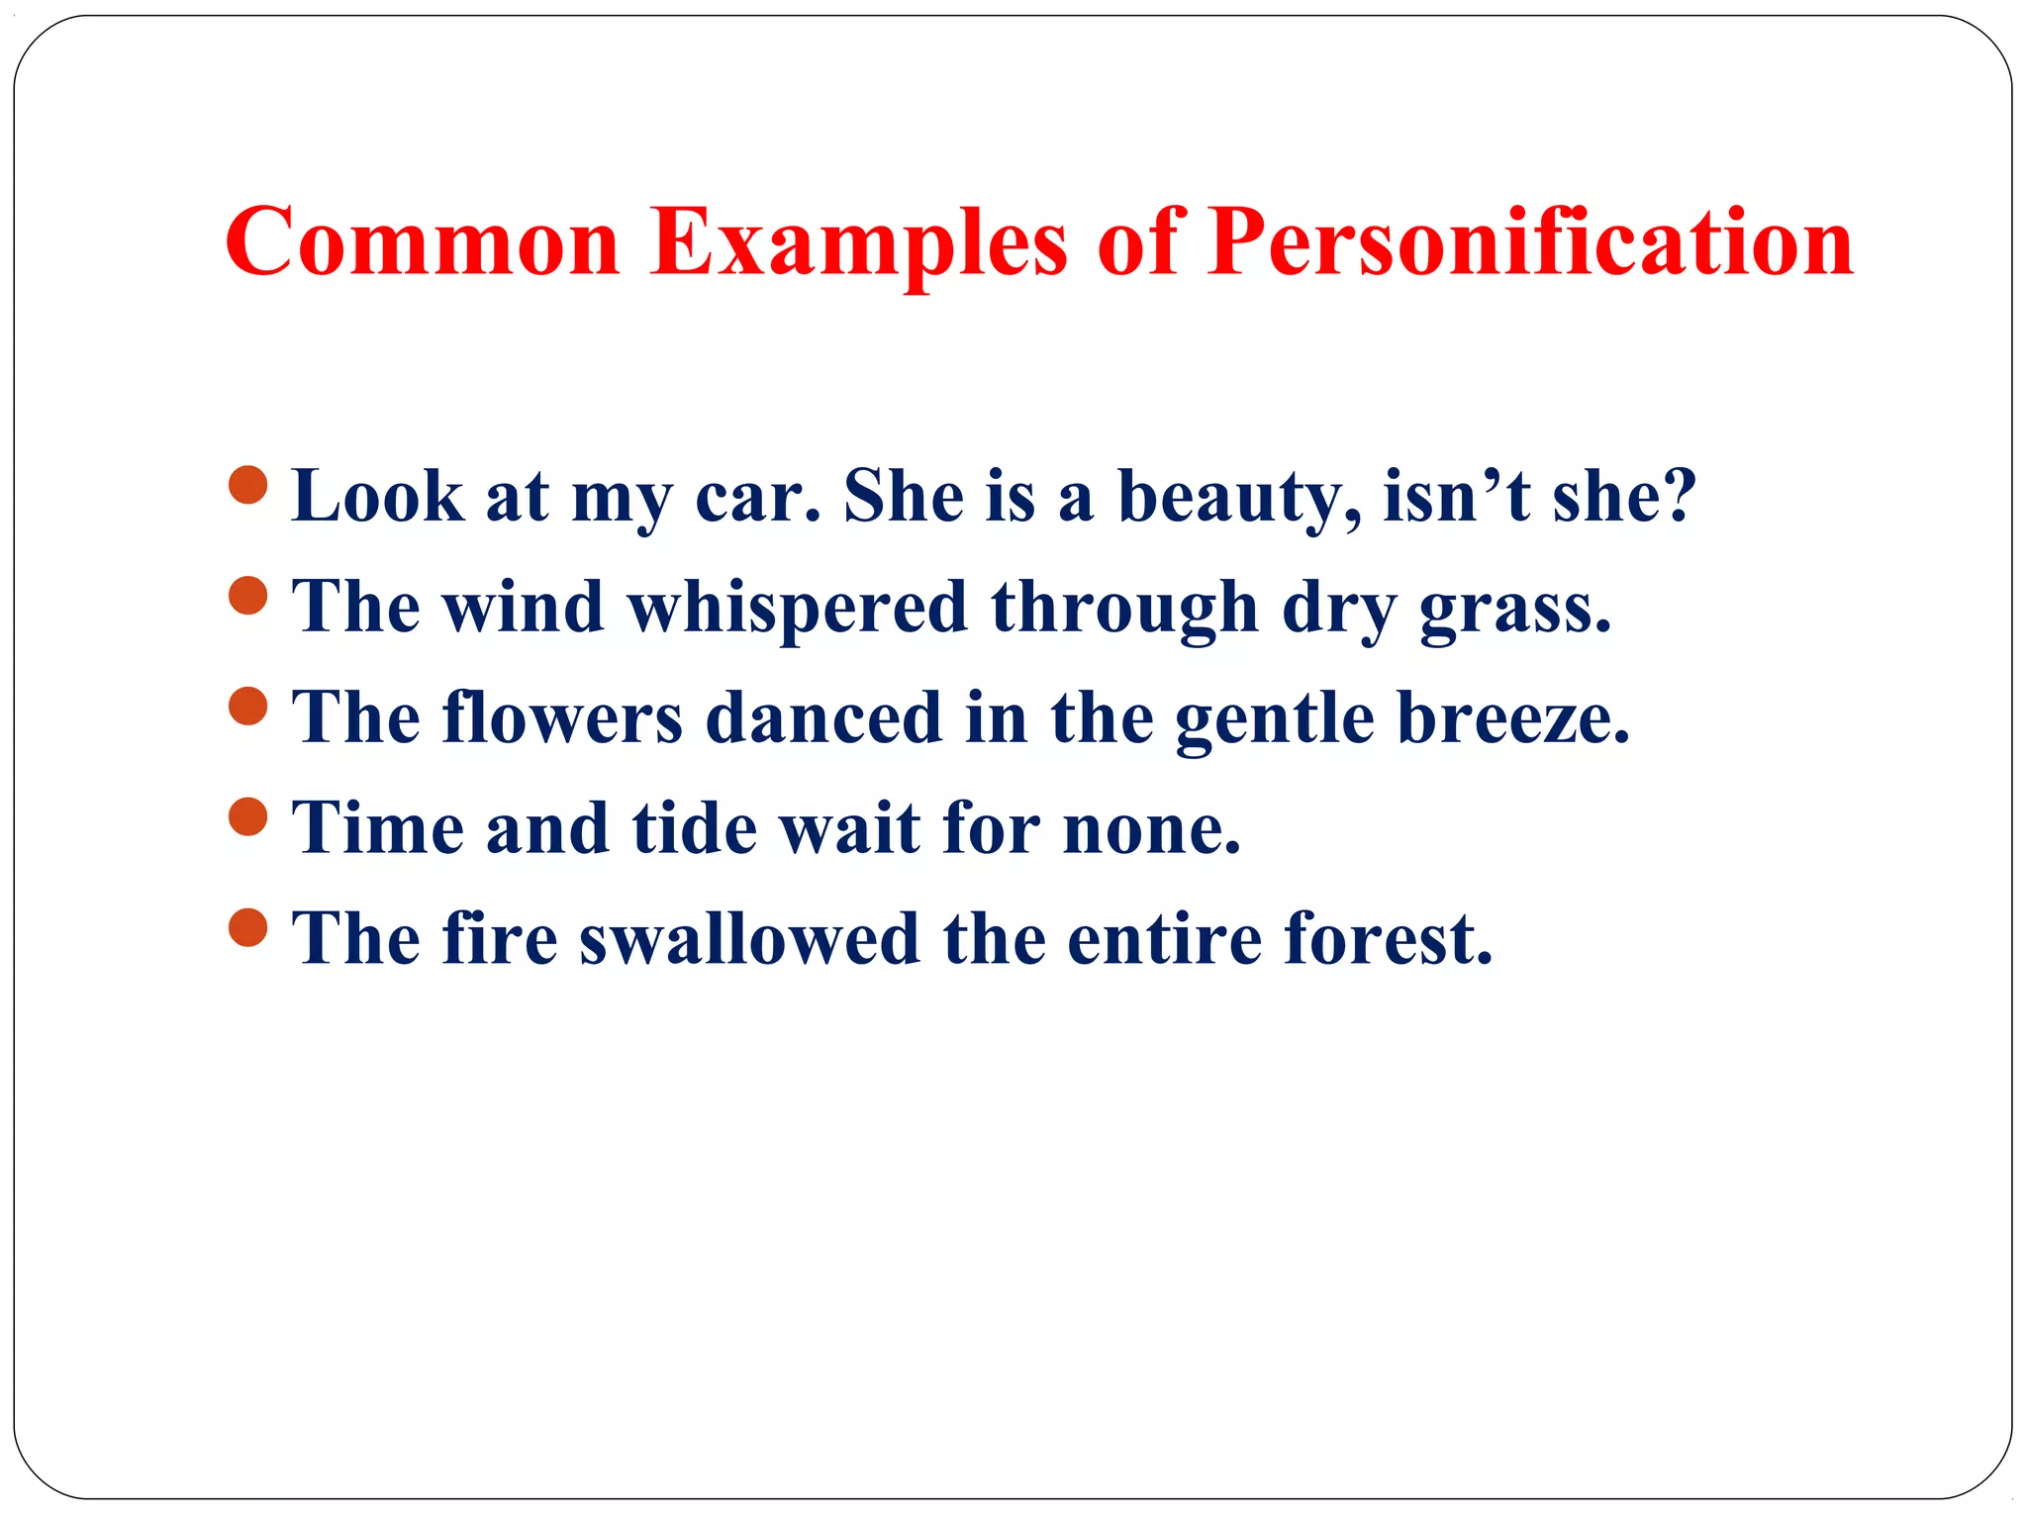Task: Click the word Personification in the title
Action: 1529,243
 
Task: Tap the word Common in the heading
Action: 423,243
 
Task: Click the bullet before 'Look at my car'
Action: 247,485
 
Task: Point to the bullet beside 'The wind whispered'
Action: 247,596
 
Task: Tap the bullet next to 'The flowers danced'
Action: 247,707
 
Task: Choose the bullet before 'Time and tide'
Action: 247,817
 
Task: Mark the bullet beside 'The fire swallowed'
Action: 247,928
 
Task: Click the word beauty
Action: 1239,497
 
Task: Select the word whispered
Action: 798,608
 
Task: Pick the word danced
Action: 823,718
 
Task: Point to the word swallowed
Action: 749,939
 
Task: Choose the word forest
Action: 1388,939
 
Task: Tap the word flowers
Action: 561,718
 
